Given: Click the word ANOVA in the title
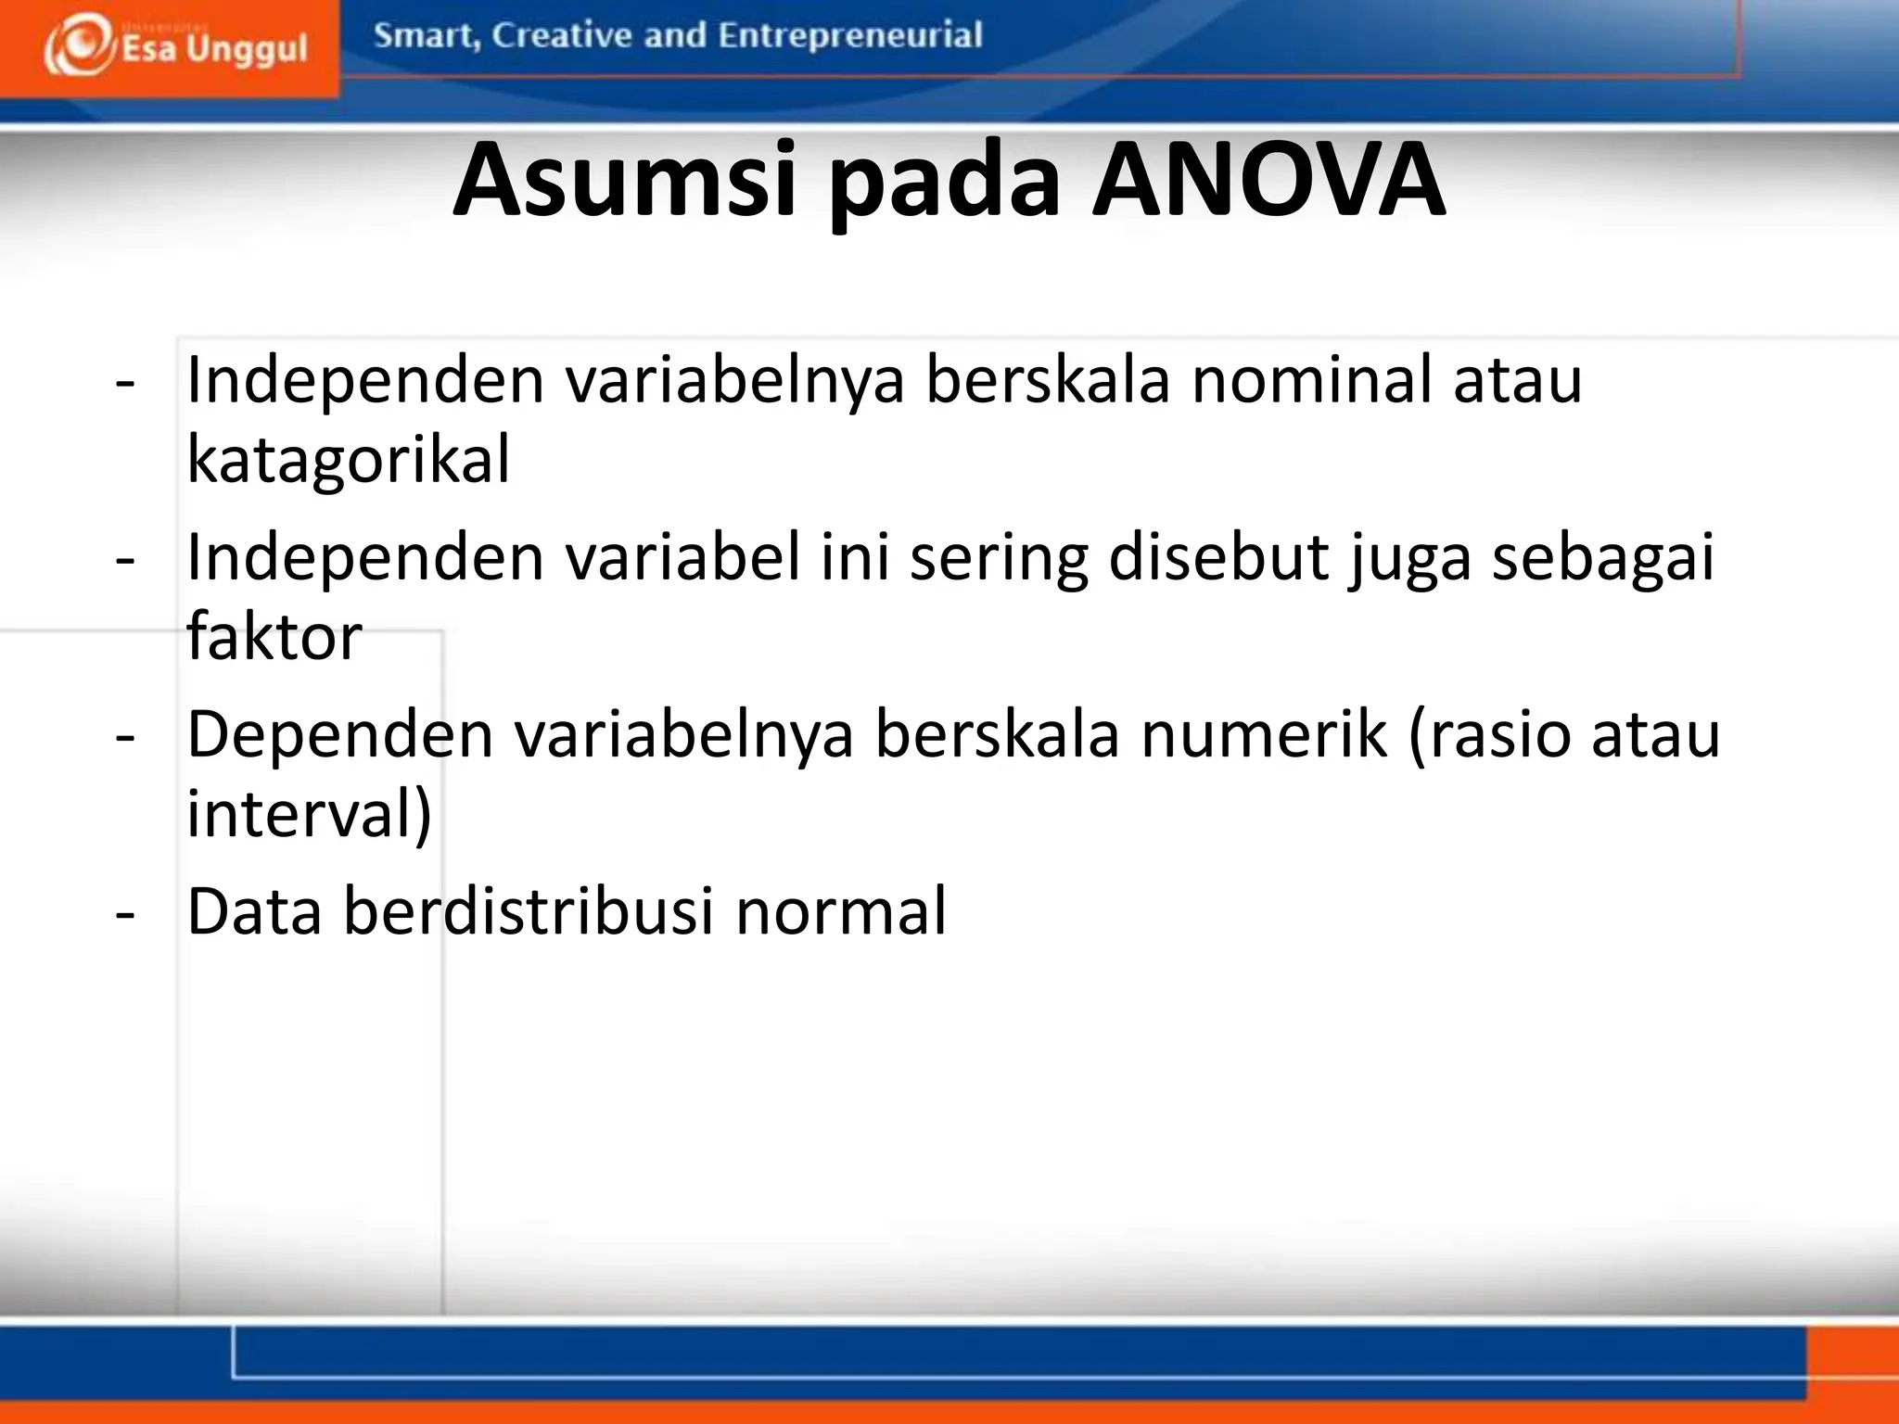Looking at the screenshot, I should (x=1268, y=180).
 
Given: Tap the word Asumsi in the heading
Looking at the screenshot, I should (x=624, y=180).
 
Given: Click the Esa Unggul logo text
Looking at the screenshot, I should (x=214, y=49).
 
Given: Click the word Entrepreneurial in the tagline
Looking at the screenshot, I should (x=849, y=36).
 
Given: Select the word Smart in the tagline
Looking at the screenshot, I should (x=425, y=36).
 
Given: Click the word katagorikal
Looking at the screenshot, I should (x=348, y=459).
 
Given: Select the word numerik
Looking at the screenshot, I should (x=1262, y=734).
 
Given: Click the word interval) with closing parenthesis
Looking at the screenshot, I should (x=309, y=813).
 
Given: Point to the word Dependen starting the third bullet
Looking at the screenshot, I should (x=340, y=734).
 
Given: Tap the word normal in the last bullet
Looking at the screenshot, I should (x=841, y=910).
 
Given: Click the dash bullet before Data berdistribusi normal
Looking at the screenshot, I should (x=125, y=913).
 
